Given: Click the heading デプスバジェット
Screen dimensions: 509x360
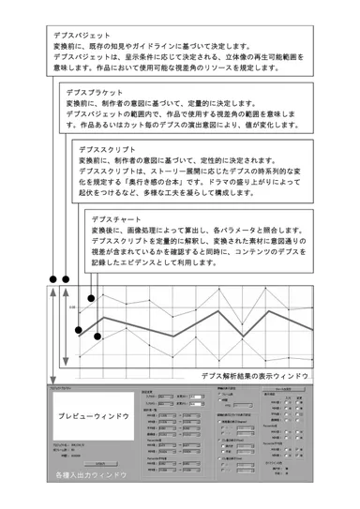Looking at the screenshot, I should pyautogui.click(x=82, y=34).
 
